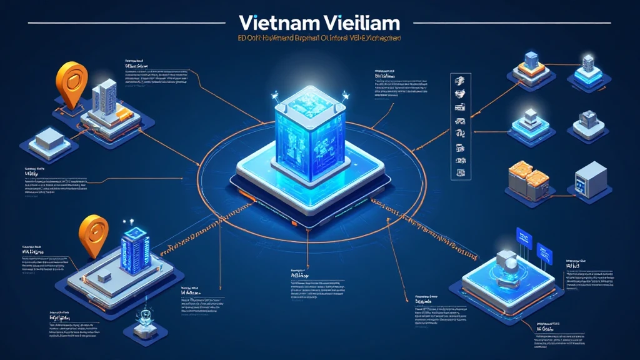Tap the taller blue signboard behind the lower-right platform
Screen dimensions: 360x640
coord(523,238)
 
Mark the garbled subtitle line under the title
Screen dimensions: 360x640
coord(319,39)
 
